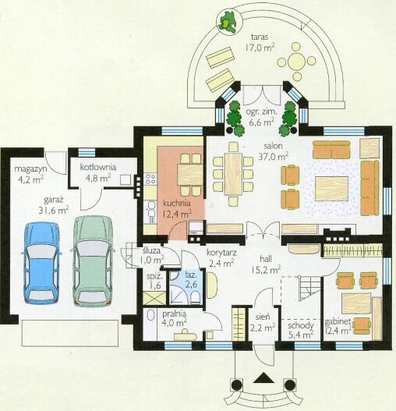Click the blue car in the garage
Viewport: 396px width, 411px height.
tap(41, 263)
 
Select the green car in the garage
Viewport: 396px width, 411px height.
tap(92, 260)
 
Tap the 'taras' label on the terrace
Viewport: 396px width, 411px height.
tap(260, 37)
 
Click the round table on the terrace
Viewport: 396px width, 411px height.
tap(296, 62)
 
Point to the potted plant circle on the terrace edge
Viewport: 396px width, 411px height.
tap(228, 21)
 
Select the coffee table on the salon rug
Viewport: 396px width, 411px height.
tap(331, 189)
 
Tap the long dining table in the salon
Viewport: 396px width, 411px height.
tap(233, 174)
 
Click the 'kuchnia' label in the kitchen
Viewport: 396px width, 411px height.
tap(177, 203)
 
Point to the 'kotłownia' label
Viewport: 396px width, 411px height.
tap(97, 167)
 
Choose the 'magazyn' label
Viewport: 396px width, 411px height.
tap(30, 168)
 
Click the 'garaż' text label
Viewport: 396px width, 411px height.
tap(54, 200)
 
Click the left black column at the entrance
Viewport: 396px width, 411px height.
tap(237, 384)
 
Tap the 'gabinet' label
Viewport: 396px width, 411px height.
tap(338, 322)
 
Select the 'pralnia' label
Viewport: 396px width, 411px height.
tap(174, 314)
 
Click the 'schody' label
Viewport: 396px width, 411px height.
tap(301, 326)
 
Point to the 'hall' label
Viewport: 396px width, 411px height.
tap(266, 259)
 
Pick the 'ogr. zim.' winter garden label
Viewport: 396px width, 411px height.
tap(261, 112)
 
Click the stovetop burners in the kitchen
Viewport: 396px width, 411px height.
tap(150, 179)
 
